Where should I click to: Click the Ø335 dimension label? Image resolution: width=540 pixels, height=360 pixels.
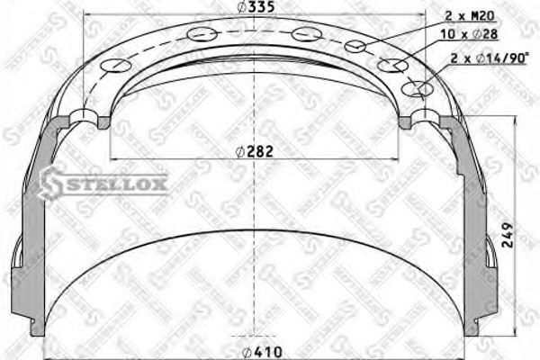(256, 8)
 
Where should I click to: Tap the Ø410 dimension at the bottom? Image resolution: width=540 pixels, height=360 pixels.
(258, 351)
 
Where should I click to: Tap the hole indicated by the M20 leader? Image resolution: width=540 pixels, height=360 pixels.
(356, 47)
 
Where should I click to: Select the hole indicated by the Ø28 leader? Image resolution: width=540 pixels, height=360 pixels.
(391, 66)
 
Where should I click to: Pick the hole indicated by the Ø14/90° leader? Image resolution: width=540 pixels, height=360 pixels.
(415, 88)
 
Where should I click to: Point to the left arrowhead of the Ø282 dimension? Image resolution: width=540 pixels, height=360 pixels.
(115, 159)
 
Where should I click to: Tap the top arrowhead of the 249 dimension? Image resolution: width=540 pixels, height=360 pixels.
(514, 120)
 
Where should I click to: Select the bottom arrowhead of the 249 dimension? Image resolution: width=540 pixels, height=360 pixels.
(514, 343)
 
